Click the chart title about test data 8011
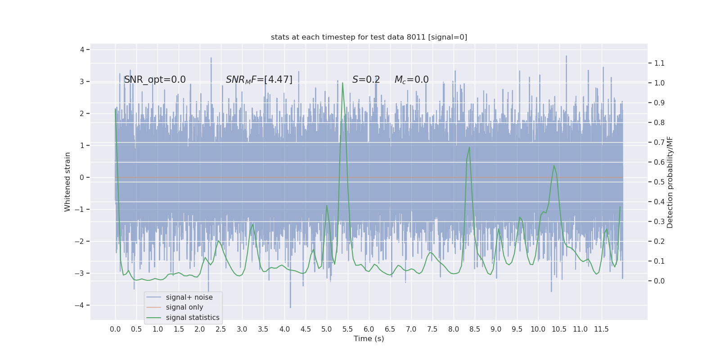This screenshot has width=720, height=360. tap(369, 37)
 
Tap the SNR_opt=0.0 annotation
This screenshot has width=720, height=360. tap(155, 80)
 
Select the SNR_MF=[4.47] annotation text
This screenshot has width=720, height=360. tap(259, 80)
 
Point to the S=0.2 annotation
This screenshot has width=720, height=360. tap(366, 80)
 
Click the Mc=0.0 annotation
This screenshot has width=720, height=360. tap(411, 80)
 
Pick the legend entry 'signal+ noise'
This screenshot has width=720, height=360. tap(189, 297)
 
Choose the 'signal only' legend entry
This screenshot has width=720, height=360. tap(184, 307)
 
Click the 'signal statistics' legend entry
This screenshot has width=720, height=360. tap(193, 318)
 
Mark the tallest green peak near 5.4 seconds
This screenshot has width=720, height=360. tap(342, 83)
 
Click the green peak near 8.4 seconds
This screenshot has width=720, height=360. tap(469, 147)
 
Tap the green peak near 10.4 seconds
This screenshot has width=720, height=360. tap(554, 166)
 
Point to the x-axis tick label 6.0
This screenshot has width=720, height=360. tap(369, 329)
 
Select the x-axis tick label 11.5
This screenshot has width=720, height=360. tap(601, 329)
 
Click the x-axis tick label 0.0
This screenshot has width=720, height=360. tap(115, 329)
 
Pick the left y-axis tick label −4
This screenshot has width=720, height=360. tap(81, 305)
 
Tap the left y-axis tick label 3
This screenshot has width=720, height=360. tap(82, 81)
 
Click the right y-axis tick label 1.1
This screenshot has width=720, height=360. tap(659, 63)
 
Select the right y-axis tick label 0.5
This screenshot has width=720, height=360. tap(659, 182)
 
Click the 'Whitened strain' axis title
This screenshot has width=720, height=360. tap(67, 182)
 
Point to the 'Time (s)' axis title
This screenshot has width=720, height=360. tap(369, 339)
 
